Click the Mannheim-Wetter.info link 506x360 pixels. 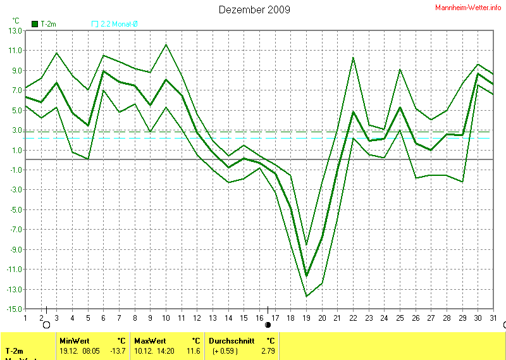[x=469, y=8]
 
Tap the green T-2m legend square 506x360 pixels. [x=34, y=24]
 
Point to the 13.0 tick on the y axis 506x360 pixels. [x=14, y=30]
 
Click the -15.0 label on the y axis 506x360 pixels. [x=13, y=309]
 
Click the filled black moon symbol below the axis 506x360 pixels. [x=268, y=325]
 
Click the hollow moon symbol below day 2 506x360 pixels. [x=46, y=325]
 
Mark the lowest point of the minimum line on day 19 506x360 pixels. [x=307, y=296]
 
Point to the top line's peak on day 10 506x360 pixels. [x=166, y=44]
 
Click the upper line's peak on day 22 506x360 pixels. [x=353, y=58]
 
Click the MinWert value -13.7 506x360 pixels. [x=118, y=350]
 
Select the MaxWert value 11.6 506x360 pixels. [x=193, y=350]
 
